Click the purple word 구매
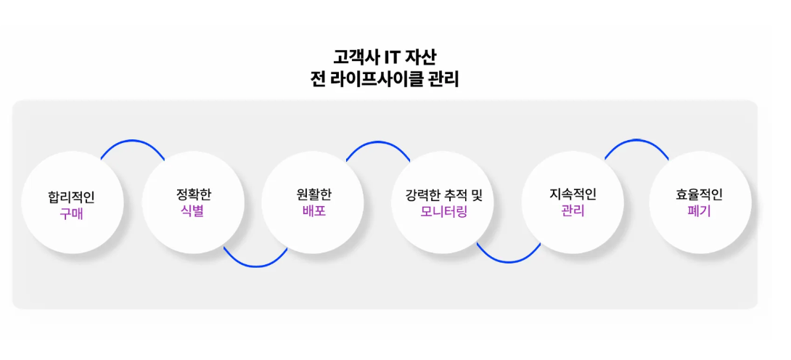click(72, 214)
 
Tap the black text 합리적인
click(72, 197)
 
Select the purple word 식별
click(192, 211)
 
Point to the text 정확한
click(193, 194)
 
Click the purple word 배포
click(313, 211)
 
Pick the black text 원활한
click(313, 194)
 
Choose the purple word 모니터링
click(444, 212)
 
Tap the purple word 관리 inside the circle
click(573, 211)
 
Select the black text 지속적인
click(573, 194)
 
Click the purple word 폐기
click(699, 211)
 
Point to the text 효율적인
click(699, 194)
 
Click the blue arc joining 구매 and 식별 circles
click(133, 141)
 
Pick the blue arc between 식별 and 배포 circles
click(256, 266)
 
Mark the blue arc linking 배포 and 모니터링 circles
click(378, 142)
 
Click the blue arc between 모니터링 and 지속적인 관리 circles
click(509, 262)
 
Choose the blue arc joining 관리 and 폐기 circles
click(636, 140)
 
